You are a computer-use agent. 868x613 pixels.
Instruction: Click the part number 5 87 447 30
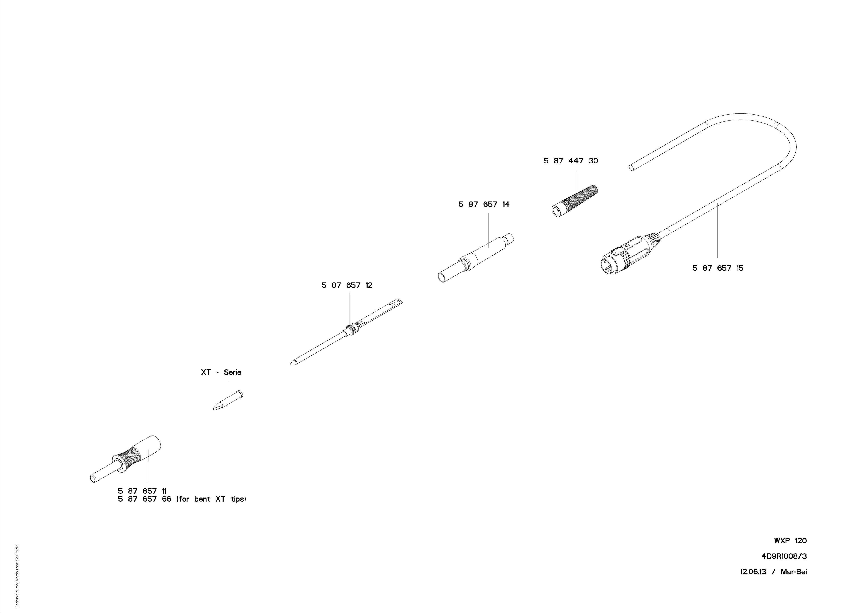(571, 161)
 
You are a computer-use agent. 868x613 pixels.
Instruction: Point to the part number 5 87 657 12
(347, 285)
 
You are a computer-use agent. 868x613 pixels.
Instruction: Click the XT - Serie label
(221, 372)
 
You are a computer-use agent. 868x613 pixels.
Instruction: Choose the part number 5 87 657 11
(142, 491)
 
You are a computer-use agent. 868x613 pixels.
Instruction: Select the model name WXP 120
(790, 541)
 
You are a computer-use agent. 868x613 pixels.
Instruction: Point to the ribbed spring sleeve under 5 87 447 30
(576, 200)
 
